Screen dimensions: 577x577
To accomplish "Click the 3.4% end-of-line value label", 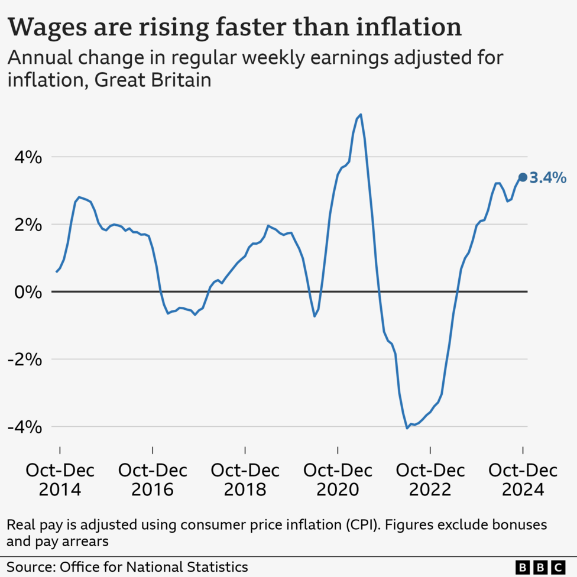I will pyautogui.click(x=548, y=177).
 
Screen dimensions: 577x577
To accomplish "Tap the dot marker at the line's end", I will pyautogui.click(x=523, y=177).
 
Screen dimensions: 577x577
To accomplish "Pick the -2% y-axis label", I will pyautogui.click(x=23, y=359).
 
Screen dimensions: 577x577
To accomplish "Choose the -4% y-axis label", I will pyautogui.click(x=23, y=427).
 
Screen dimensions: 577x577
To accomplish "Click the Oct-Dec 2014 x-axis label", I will pyautogui.click(x=60, y=479).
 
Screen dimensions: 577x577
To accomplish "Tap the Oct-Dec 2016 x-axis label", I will pyautogui.click(x=153, y=479).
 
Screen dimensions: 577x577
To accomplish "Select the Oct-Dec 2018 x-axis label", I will pyautogui.click(x=245, y=479).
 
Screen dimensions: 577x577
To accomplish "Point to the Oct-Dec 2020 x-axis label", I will pyautogui.click(x=338, y=479).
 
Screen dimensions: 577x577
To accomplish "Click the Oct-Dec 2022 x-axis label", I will pyautogui.click(x=430, y=479).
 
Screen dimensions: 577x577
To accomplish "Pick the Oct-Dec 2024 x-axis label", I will pyautogui.click(x=523, y=479).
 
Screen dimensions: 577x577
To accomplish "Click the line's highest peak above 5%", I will pyautogui.click(x=361, y=115).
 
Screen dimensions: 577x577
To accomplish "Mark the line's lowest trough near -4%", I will pyautogui.click(x=407, y=427).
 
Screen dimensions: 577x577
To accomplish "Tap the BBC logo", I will pyautogui.click(x=540, y=566).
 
